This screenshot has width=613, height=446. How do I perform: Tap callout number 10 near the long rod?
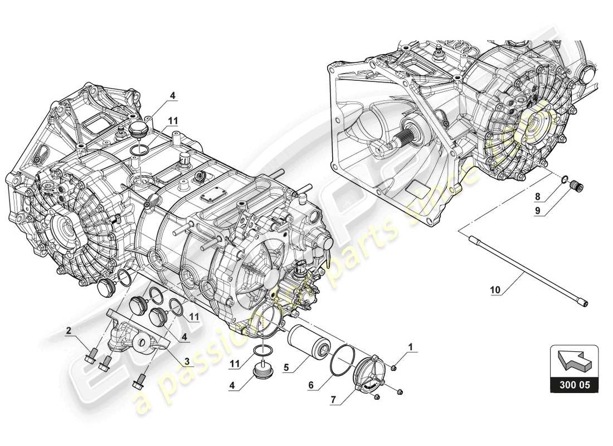(x=496, y=289)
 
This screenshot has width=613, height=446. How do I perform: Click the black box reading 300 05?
(x=574, y=385)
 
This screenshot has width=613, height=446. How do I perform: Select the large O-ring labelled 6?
(x=343, y=361)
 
